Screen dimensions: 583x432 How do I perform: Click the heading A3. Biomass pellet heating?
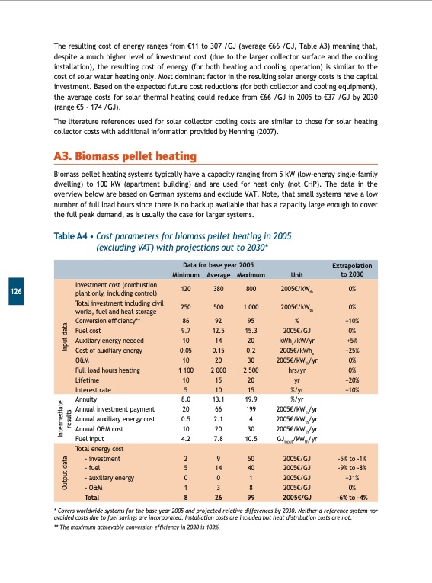(x=125, y=157)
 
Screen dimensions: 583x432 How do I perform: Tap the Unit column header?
(x=307, y=274)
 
